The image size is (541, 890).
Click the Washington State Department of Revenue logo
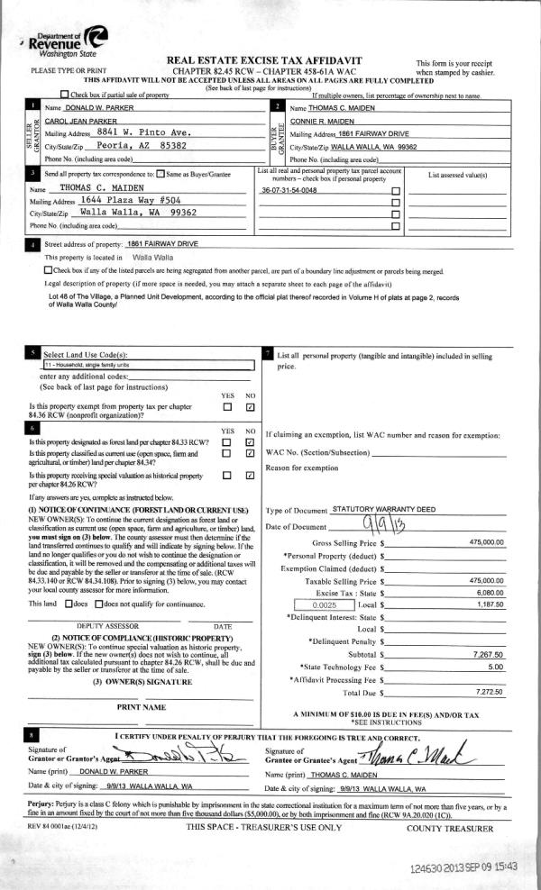[x=69, y=41]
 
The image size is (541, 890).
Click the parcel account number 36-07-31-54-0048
[x=289, y=191]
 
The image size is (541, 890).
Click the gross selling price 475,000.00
[x=487, y=542]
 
